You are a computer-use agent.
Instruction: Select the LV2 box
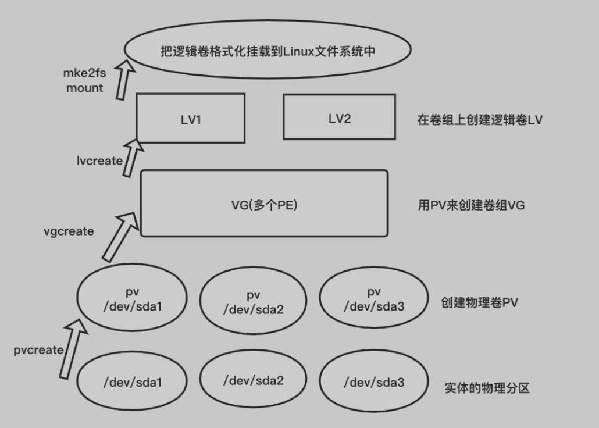tap(340, 117)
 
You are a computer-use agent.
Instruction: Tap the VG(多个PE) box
tap(264, 204)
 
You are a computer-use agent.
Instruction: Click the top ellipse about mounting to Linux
tap(268, 51)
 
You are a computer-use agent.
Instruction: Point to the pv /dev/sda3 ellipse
tap(374, 299)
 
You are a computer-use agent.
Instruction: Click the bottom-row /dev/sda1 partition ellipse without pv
tap(132, 382)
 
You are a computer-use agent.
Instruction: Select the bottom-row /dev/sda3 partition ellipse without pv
tap(374, 382)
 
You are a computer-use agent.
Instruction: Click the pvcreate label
tap(38, 350)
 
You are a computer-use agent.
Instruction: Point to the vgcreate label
tap(69, 231)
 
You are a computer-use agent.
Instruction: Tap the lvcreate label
tap(99, 160)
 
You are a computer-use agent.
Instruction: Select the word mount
tap(84, 88)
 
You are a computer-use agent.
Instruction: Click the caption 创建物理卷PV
tap(480, 302)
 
